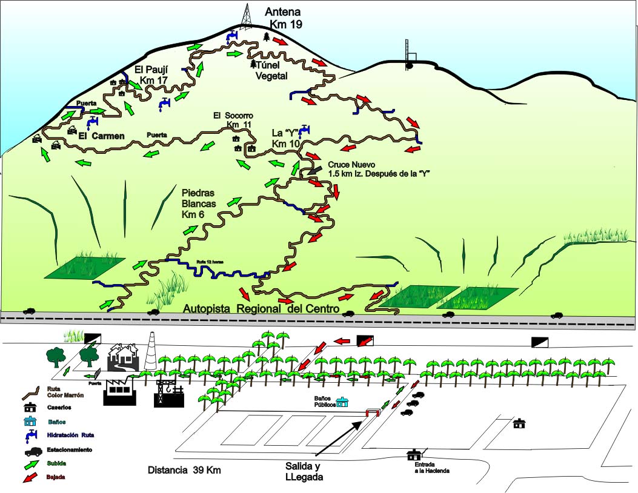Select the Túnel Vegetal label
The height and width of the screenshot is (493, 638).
point(270,70)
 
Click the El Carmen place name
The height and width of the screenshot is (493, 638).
point(102,136)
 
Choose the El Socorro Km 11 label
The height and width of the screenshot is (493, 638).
point(233,120)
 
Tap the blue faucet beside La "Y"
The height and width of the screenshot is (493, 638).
point(304,130)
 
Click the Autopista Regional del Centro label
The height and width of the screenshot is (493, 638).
point(261,309)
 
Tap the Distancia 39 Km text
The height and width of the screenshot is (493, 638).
point(185,470)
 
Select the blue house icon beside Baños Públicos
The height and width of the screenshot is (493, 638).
point(343,402)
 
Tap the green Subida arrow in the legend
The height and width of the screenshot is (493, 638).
point(29,465)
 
